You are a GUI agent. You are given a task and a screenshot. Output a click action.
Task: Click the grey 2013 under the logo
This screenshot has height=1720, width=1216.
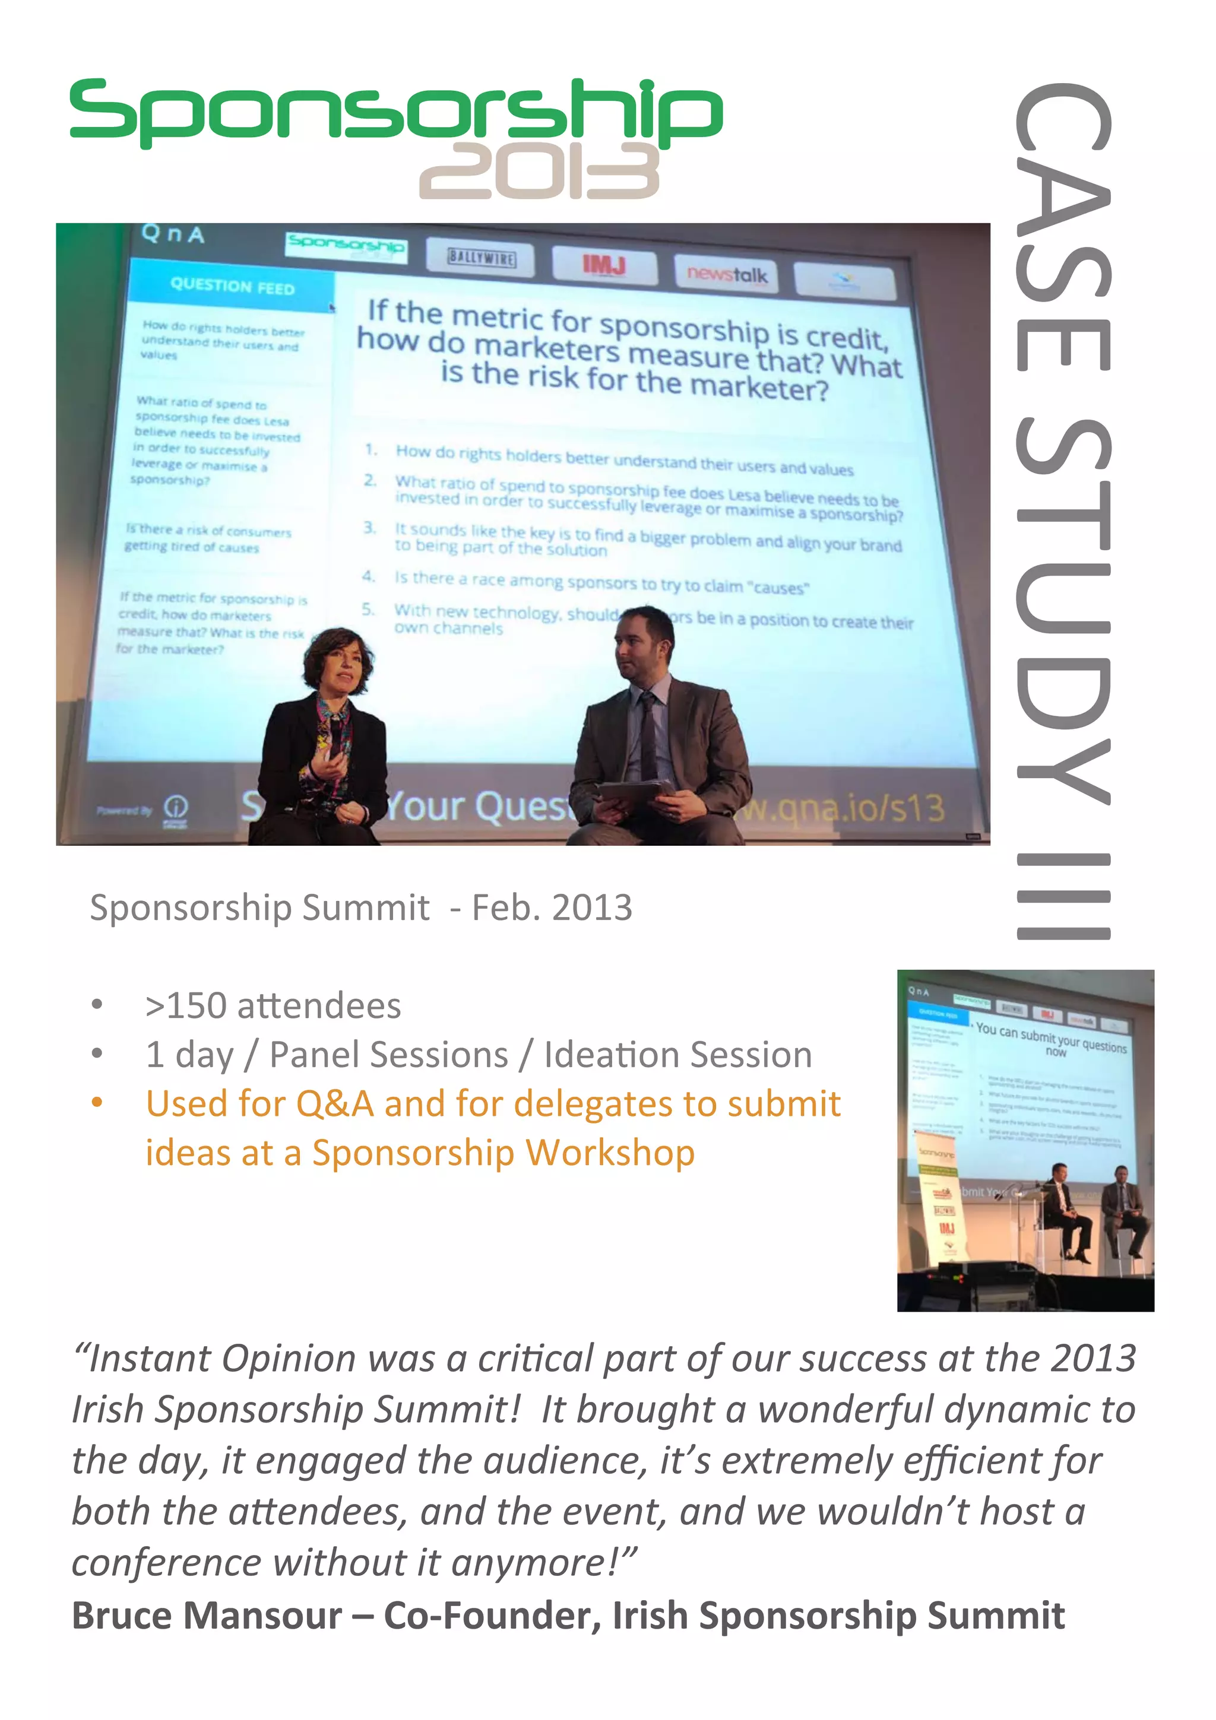click(539, 172)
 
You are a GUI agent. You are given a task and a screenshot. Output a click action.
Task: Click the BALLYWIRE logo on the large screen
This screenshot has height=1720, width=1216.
click(482, 258)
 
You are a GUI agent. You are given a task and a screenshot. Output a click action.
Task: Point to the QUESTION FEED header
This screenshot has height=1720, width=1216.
click(232, 286)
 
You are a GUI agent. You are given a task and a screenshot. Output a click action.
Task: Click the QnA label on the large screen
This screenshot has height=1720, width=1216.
click(172, 234)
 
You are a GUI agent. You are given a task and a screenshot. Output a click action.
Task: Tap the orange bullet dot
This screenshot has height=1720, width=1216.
click(97, 1102)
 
